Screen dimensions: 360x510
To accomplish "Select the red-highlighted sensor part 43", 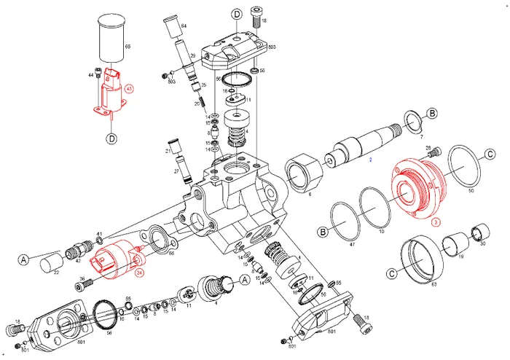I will [111, 92].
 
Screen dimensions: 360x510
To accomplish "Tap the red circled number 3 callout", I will [435, 223].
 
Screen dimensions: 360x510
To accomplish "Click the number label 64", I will [184, 27].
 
